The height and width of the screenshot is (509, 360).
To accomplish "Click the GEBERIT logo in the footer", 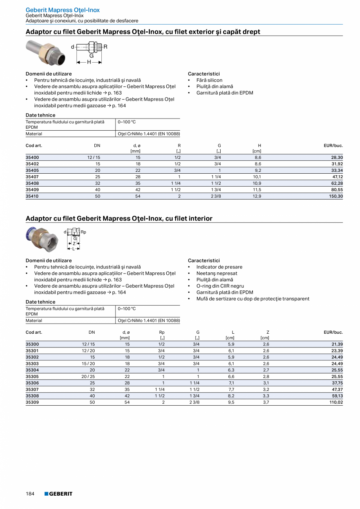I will [x=58, y=494].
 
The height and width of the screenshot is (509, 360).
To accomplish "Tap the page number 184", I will [x=30, y=494].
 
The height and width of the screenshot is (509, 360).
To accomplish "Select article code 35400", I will [x=32, y=157].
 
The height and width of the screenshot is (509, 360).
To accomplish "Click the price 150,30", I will [x=335, y=196].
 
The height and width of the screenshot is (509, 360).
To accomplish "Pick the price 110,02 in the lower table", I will [x=335, y=402].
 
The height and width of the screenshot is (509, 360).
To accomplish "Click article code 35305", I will [x=32, y=376].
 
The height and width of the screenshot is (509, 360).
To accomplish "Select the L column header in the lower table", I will [x=233, y=332].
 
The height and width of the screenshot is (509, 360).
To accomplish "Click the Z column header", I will [x=268, y=332].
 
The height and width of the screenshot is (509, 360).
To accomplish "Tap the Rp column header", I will [x=162, y=332].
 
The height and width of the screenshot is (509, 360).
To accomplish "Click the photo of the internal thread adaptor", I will [x=41, y=238].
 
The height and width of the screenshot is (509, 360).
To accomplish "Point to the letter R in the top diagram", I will [x=105, y=47].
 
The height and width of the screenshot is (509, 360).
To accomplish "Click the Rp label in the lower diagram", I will [x=83, y=232].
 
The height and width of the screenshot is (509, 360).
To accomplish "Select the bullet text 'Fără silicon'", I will [x=209, y=80].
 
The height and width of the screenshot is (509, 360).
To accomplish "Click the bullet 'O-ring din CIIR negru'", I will [x=220, y=286].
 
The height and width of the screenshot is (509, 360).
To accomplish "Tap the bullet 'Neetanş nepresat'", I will [x=217, y=273].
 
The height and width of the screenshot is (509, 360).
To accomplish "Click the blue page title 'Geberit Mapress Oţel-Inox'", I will [x=63, y=10].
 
